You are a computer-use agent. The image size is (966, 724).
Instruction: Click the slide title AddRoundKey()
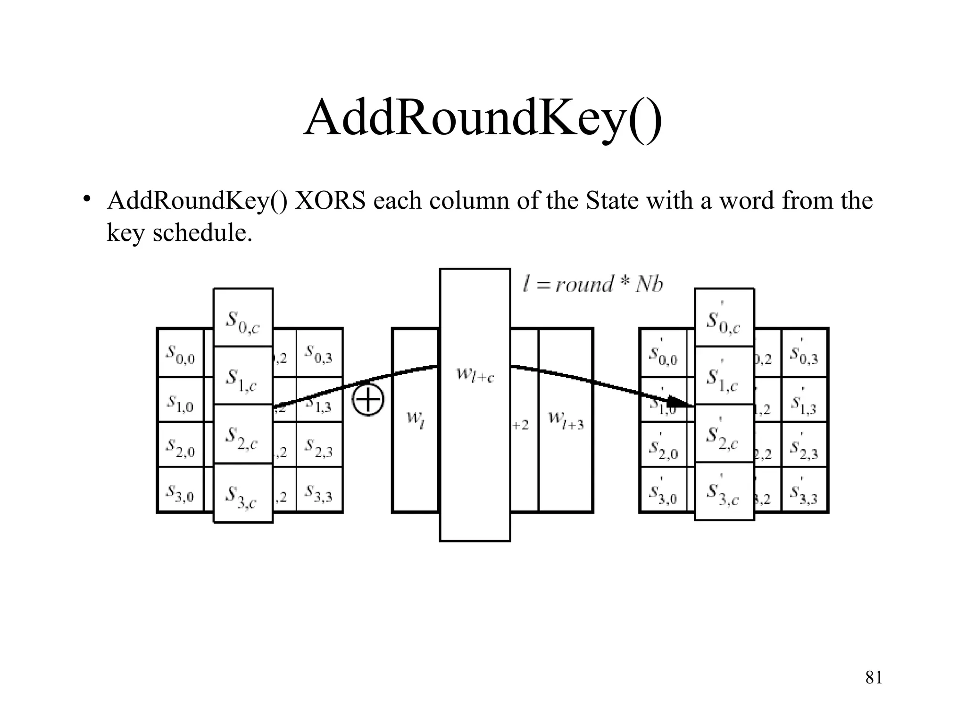click(x=483, y=118)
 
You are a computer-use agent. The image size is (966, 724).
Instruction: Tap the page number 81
click(x=874, y=677)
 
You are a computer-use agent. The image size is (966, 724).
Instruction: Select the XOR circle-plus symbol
click(x=368, y=400)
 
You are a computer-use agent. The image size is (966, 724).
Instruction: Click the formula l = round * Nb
click(x=593, y=284)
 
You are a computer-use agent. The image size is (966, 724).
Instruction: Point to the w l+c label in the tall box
click(x=475, y=376)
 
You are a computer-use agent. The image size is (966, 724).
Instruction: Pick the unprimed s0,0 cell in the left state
click(x=180, y=354)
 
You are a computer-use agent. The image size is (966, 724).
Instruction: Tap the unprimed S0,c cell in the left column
click(x=243, y=318)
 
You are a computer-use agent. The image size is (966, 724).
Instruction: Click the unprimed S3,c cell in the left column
click(x=243, y=494)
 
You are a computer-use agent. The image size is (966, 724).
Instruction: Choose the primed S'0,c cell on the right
click(x=724, y=318)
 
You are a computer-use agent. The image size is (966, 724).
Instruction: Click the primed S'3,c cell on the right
click(x=724, y=491)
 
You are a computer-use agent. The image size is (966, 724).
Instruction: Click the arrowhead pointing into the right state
click(x=680, y=402)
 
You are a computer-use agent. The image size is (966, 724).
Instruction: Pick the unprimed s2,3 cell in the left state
click(x=318, y=445)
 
